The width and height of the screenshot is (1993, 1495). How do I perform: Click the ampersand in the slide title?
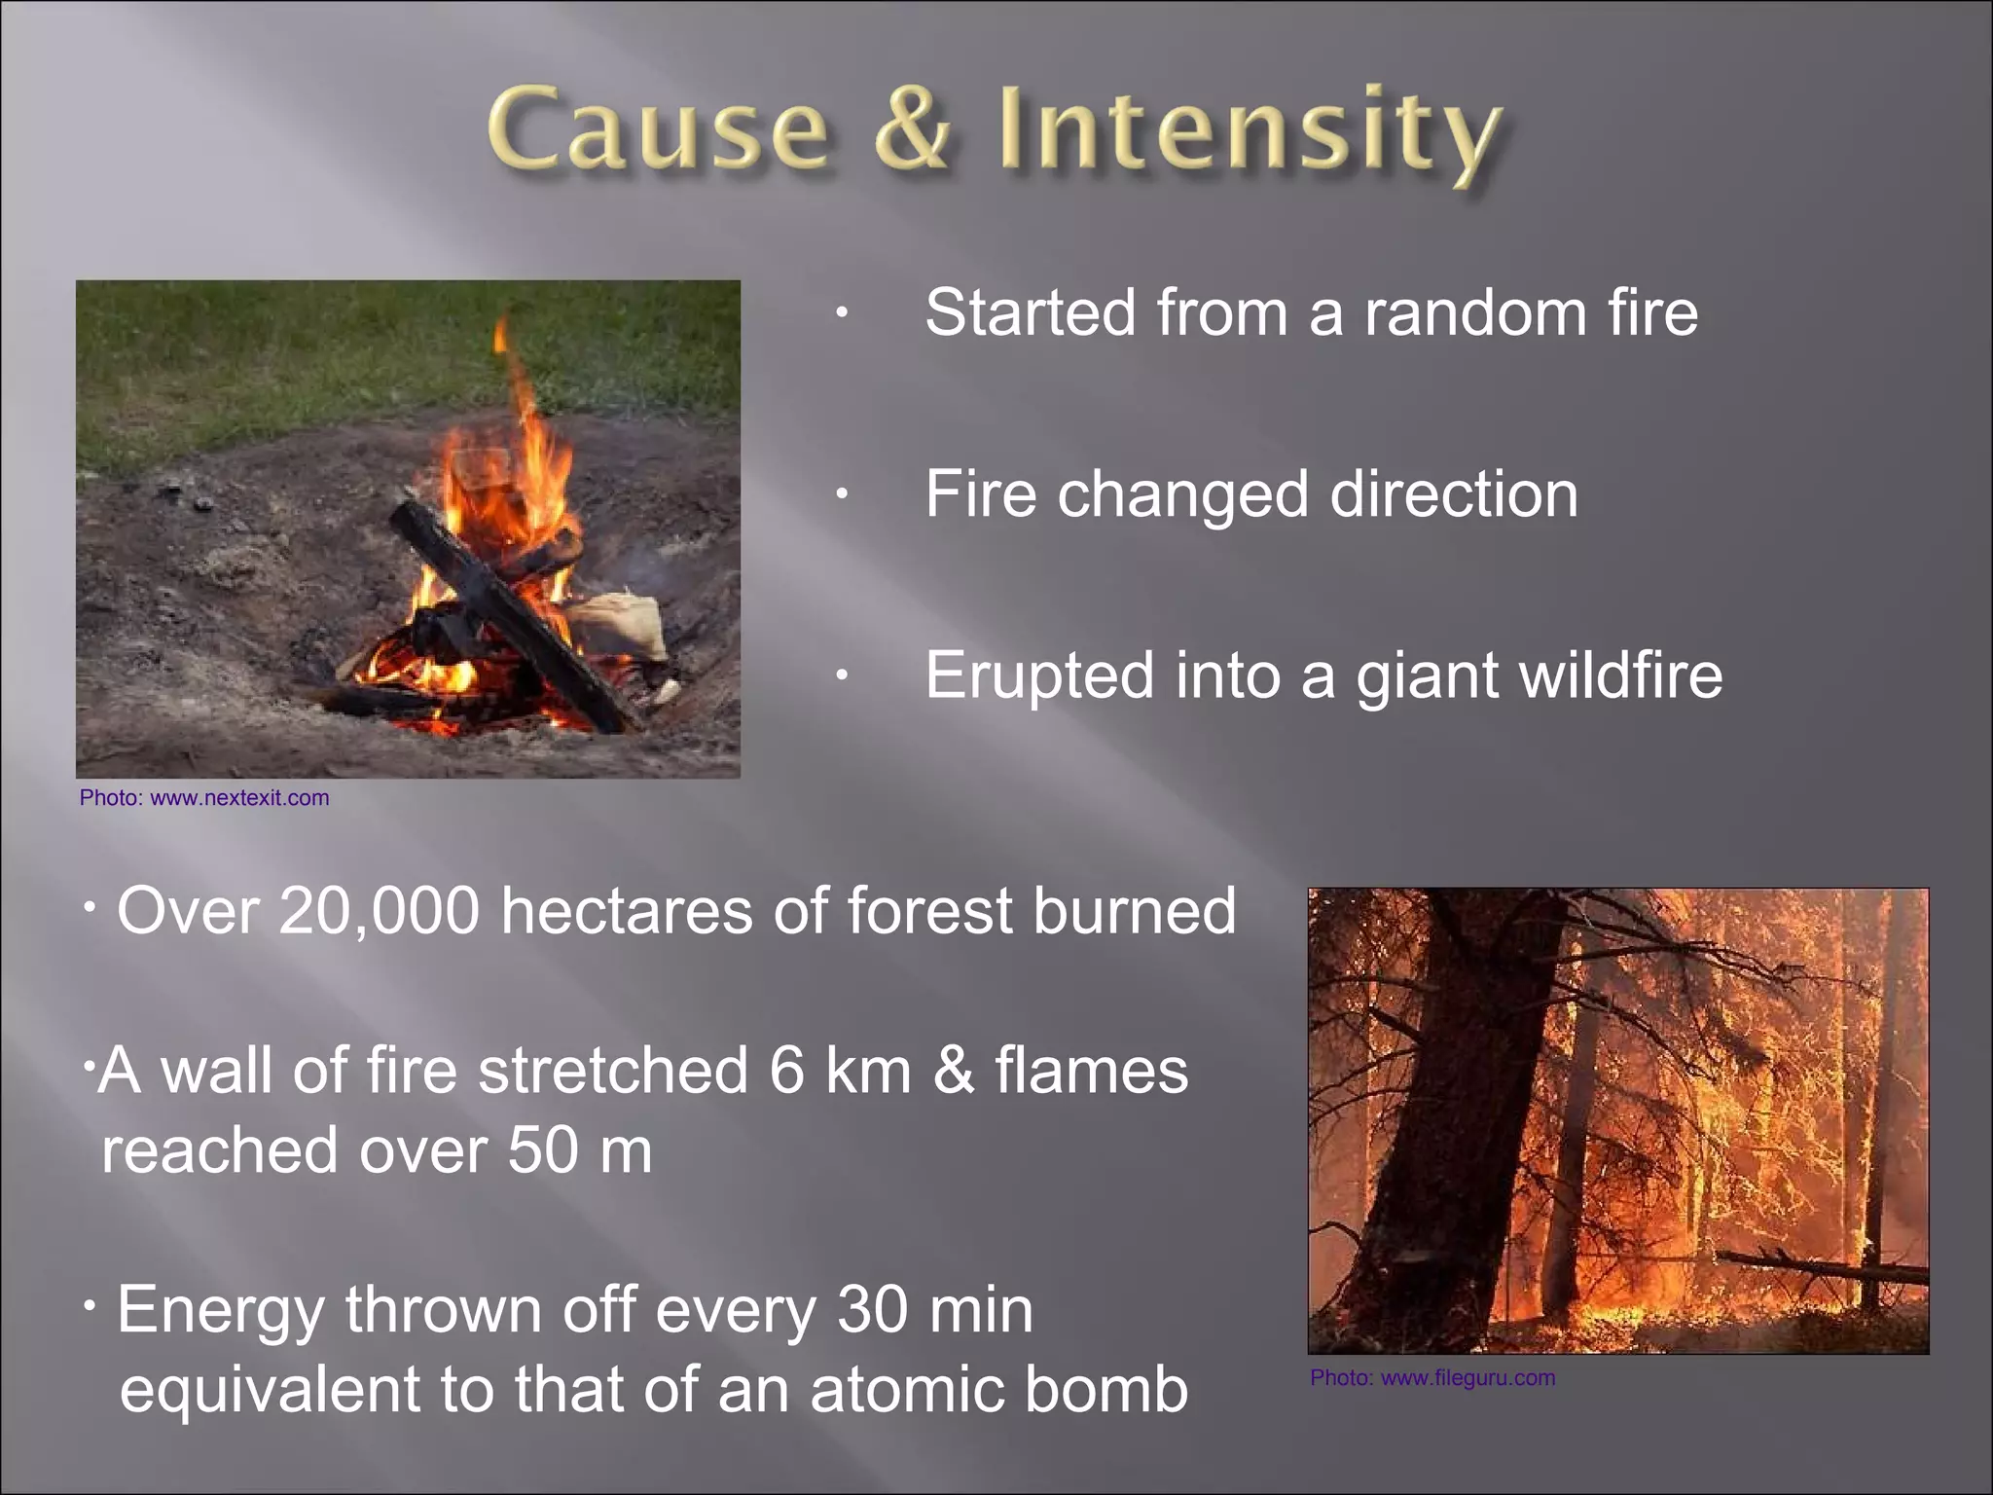click(x=911, y=130)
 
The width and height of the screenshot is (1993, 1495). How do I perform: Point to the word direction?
click(x=1454, y=494)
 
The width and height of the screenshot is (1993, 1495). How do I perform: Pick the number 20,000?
click(x=380, y=912)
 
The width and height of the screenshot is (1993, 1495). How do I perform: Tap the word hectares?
click(x=627, y=912)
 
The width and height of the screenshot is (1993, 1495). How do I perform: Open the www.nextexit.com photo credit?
click(x=239, y=798)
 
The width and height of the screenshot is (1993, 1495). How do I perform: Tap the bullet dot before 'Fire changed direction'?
click(x=842, y=494)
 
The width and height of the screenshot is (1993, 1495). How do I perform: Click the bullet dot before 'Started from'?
click(x=842, y=313)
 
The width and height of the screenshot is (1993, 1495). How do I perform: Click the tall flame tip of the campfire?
click(x=502, y=336)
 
